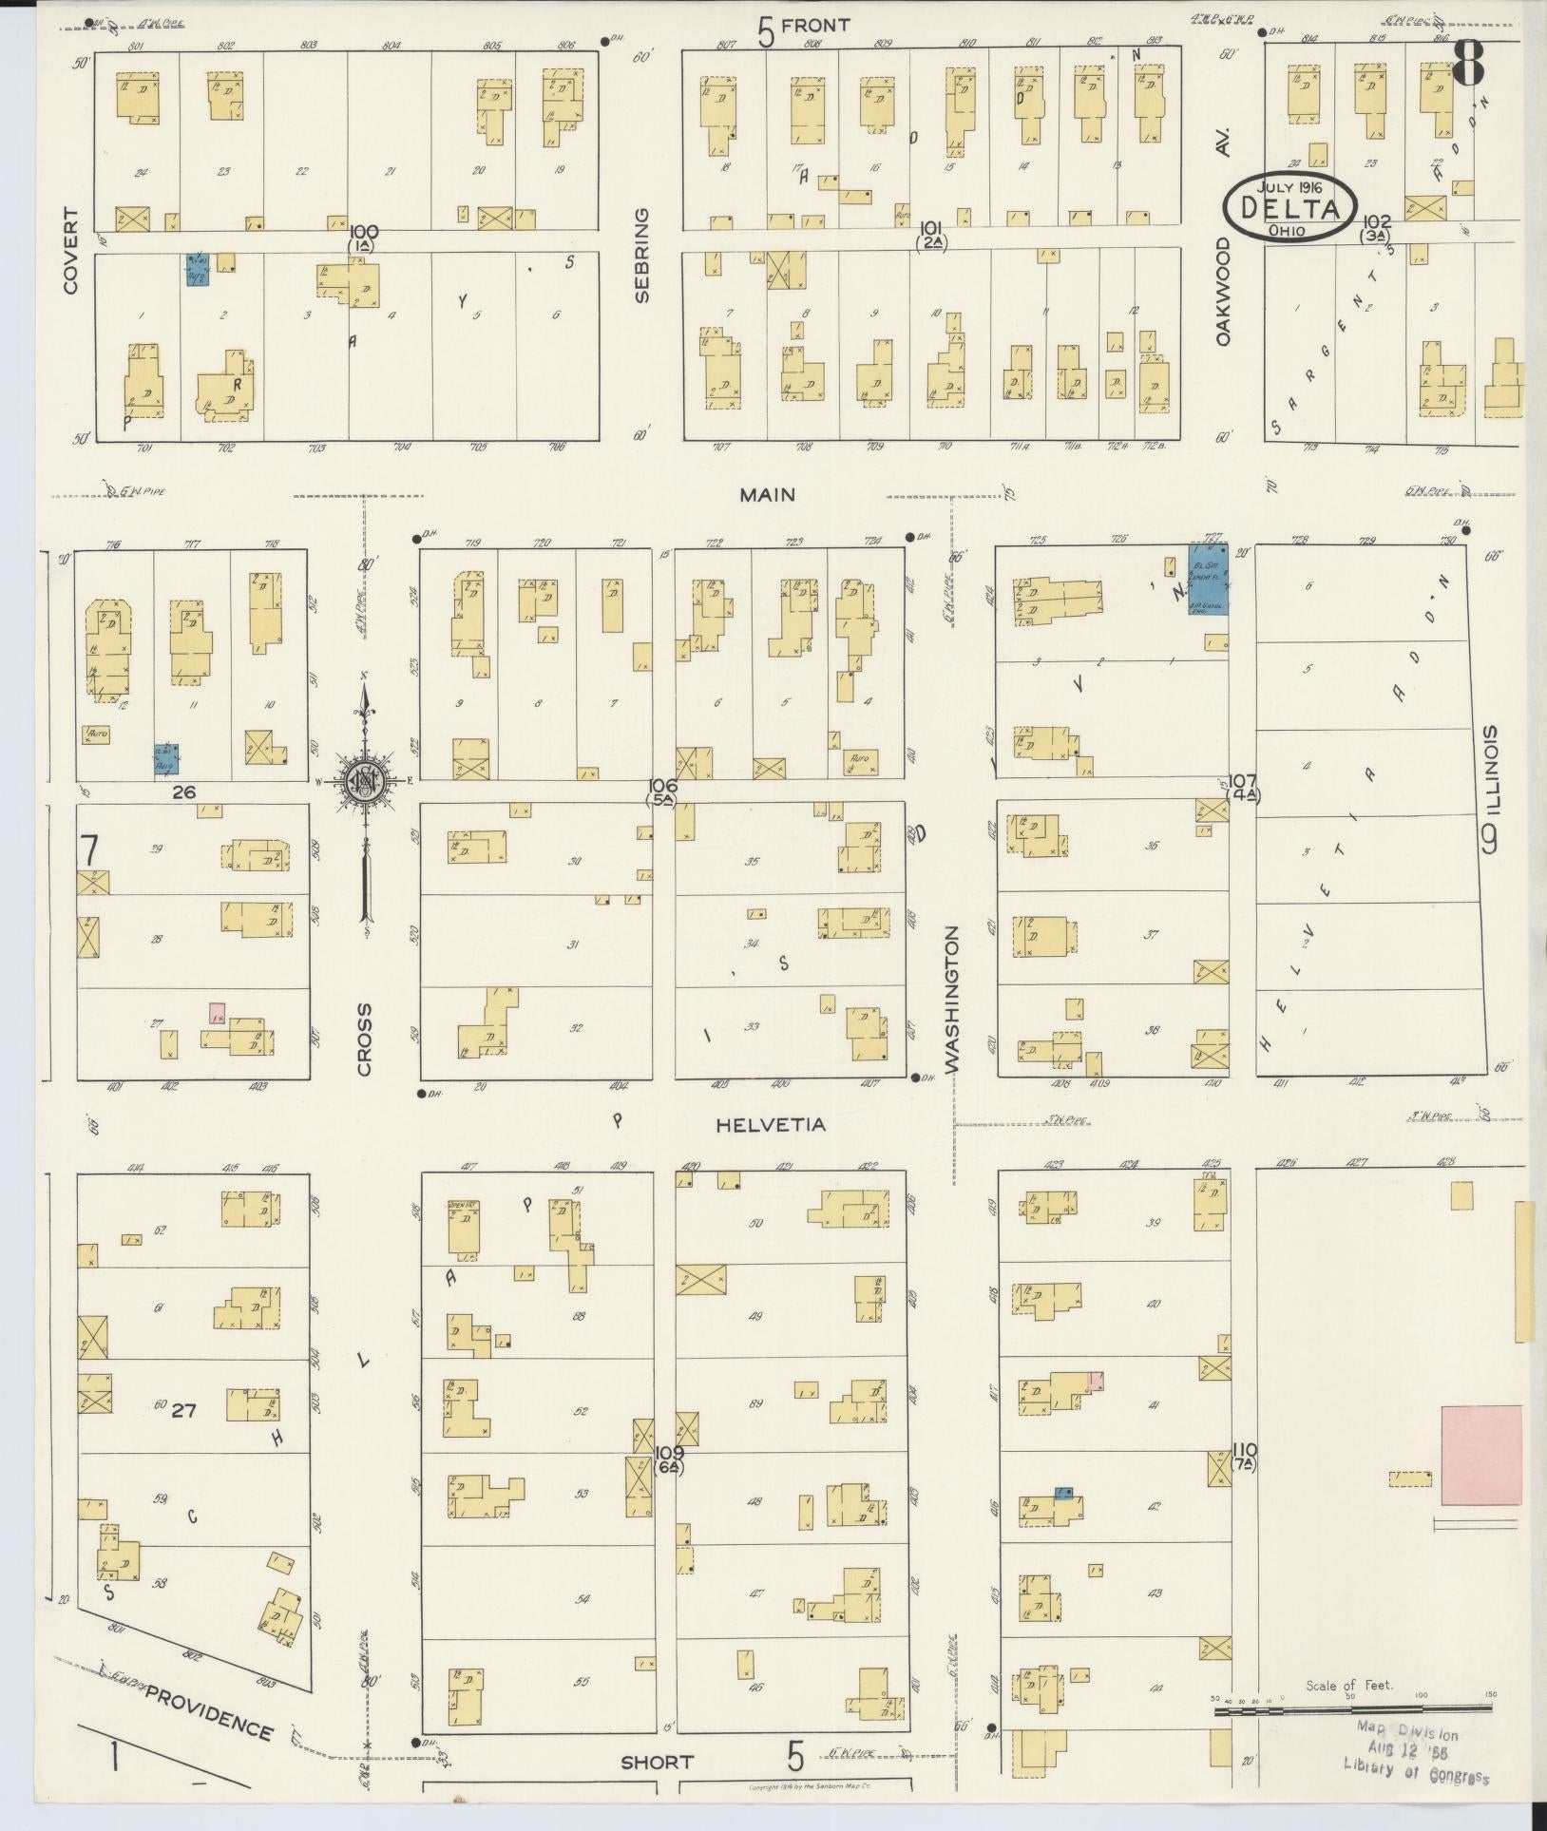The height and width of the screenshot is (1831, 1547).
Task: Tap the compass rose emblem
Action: pyautogui.click(x=364, y=780)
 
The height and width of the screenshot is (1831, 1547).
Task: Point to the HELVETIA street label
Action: pyautogui.click(x=770, y=1125)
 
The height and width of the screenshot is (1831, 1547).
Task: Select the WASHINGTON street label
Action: pyautogui.click(x=952, y=1001)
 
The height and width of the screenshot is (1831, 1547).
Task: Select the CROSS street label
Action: pyautogui.click(x=365, y=1039)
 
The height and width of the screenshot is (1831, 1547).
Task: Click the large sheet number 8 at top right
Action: pyautogui.click(x=1470, y=62)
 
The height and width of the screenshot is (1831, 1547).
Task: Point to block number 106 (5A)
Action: pyautogui.click(x=662, y=791)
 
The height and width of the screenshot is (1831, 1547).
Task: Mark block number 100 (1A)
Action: pyautogui.click(x=364, y=237)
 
